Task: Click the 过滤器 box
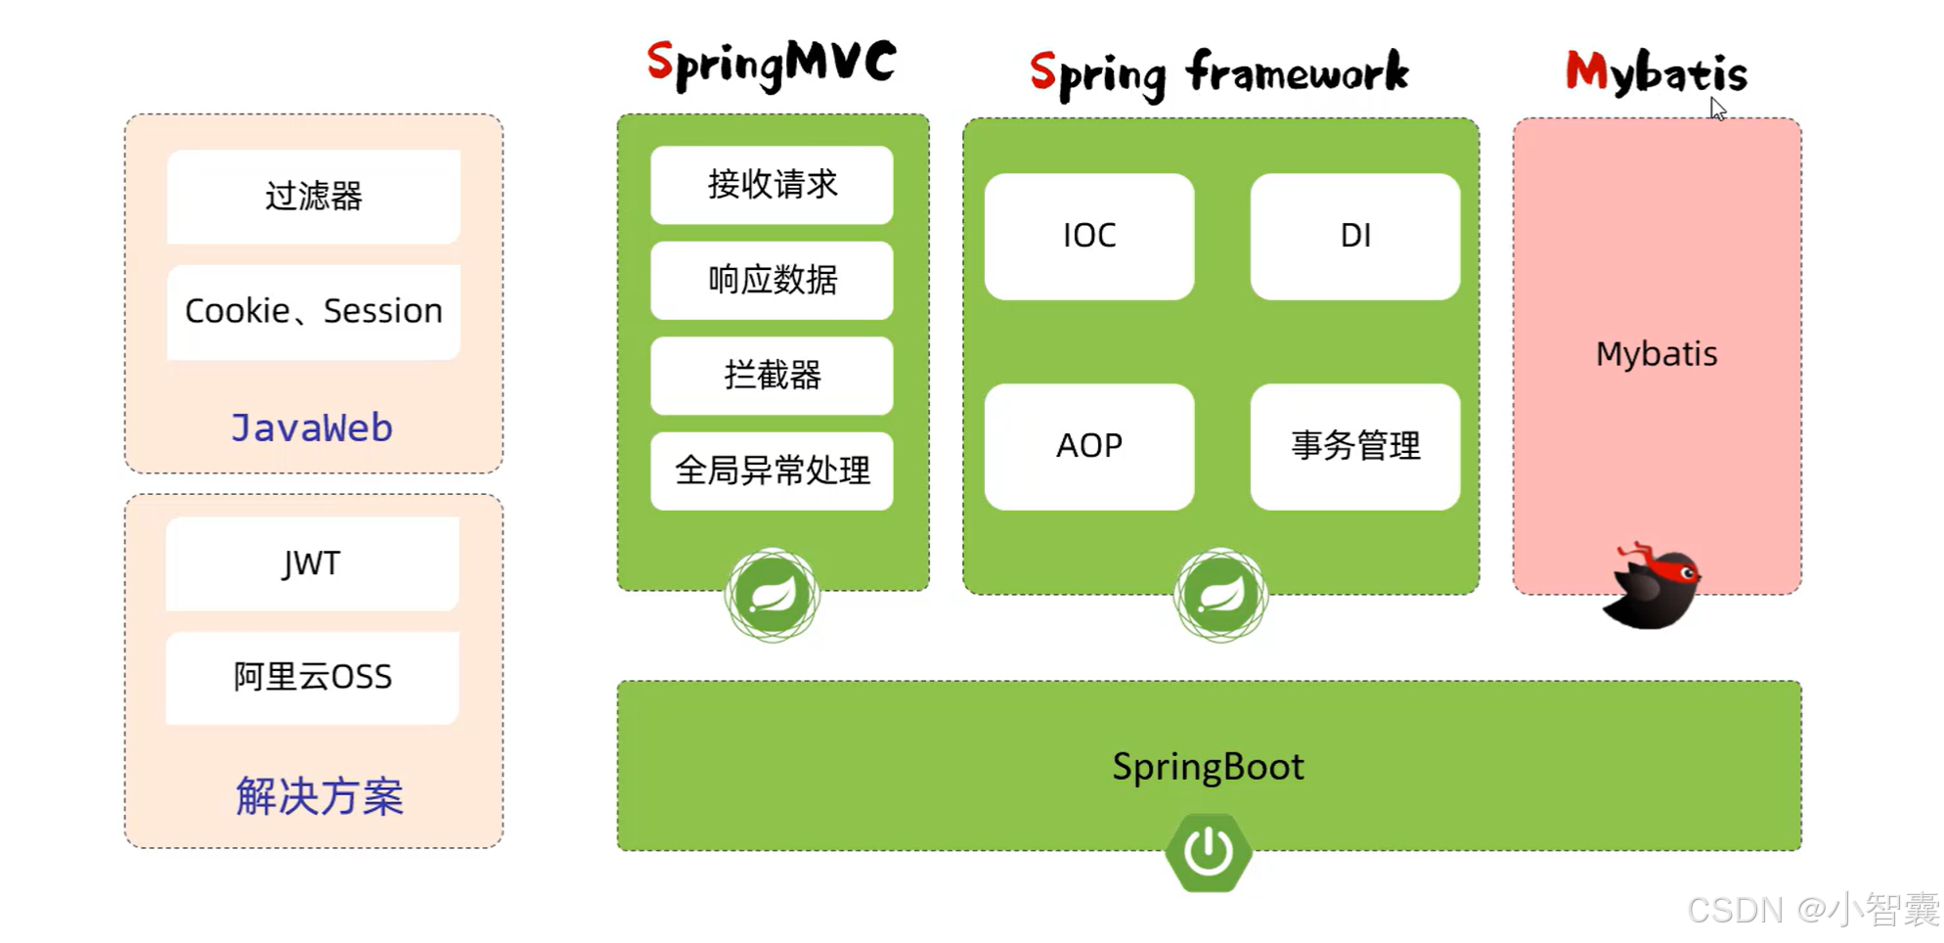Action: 313,197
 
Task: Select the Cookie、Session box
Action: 313,311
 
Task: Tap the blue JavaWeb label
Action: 312,428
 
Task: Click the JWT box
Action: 312,563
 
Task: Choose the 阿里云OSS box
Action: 312,677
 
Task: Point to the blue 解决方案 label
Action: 319,796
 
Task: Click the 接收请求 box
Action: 772,185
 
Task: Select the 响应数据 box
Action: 772,281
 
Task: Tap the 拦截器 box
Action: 772,376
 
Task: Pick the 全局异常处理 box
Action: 772,471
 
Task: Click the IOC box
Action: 1088,237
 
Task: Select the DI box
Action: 1354,237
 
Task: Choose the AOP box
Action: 1088,446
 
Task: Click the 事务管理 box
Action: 1354,446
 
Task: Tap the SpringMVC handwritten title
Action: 771,65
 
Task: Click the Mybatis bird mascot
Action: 1653,587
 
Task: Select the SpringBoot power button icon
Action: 1209,852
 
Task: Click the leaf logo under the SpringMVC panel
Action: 772,595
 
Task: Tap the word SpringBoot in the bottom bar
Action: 1208,767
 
